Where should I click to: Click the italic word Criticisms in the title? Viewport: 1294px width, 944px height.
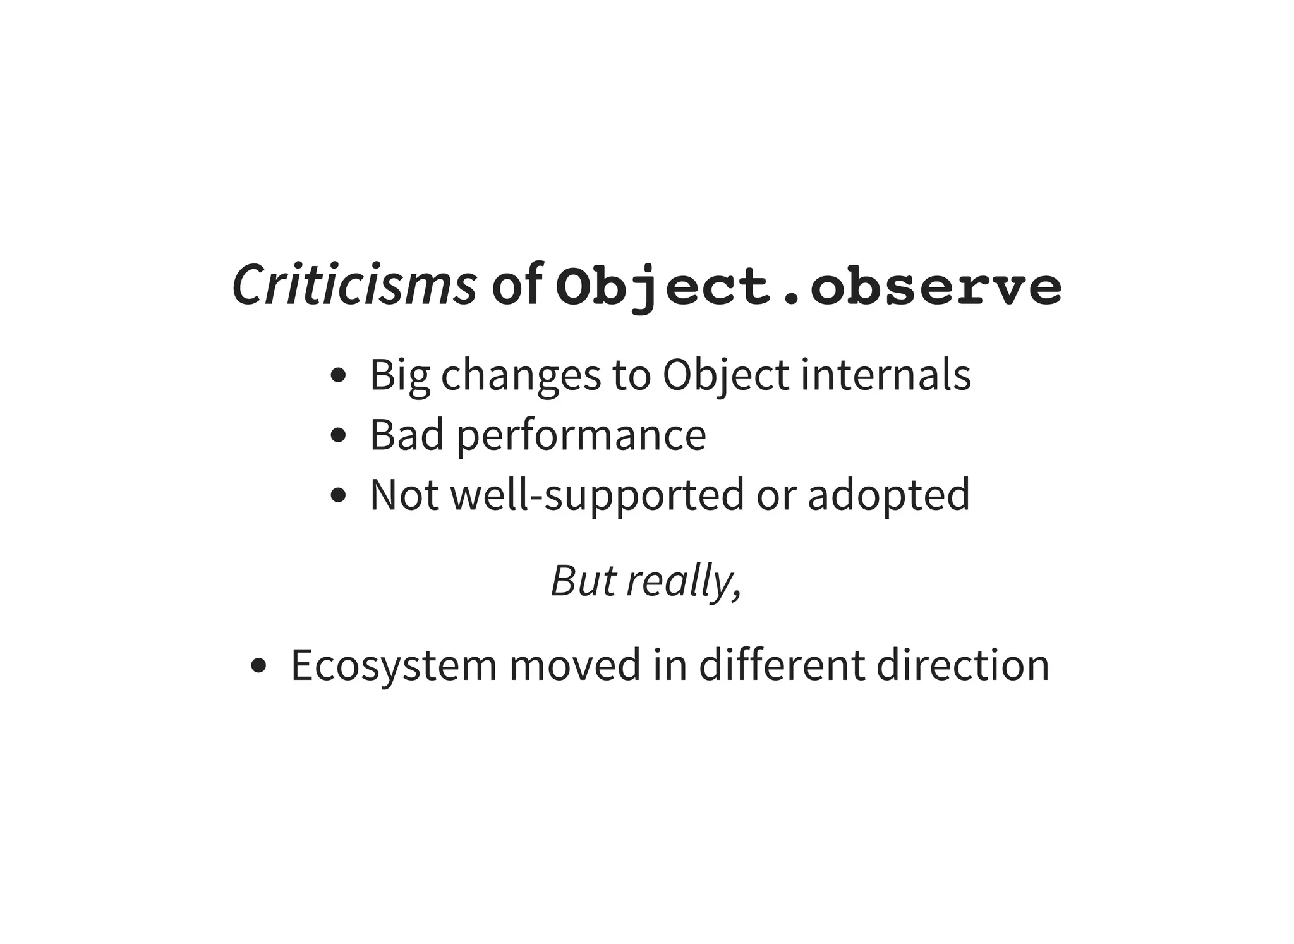[354, 285]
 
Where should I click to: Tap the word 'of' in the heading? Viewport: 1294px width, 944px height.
[517, 285]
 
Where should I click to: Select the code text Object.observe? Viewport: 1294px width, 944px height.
[809, 287]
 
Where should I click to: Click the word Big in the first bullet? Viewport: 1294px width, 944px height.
[399, 375]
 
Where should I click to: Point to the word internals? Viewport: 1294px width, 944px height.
[885, 374]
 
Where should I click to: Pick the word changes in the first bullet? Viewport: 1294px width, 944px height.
[521, 375]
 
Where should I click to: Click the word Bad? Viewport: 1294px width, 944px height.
[406, 435]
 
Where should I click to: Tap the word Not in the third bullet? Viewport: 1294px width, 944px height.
[404, 494]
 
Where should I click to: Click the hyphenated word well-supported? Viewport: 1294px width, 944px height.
[597, 495]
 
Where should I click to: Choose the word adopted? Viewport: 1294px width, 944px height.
[888, 495]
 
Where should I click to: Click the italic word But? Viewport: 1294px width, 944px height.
[583, 580]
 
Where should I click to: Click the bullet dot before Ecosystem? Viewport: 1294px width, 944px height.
[258, 665]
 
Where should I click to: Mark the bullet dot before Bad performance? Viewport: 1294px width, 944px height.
[339, 435]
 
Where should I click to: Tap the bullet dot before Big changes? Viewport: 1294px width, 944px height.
[339, 375]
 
